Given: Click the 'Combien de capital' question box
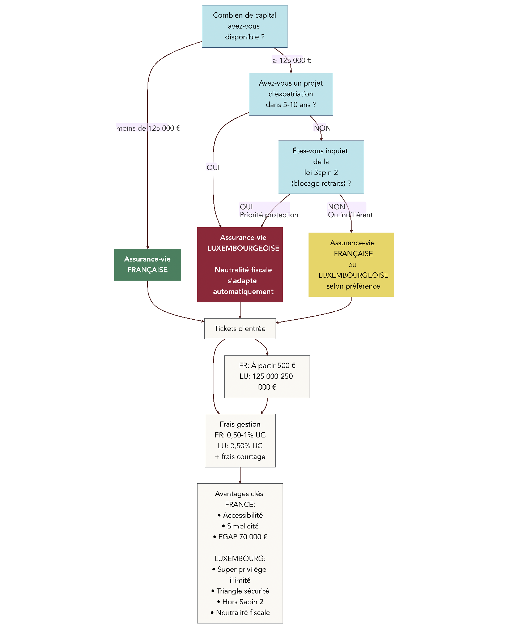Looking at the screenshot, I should point(245,26).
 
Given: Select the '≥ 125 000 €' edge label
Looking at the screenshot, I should point(292,60).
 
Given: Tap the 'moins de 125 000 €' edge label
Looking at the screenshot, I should point(148,128).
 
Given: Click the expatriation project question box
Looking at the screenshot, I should point(290,94).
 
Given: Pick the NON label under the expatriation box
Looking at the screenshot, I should point(322,128).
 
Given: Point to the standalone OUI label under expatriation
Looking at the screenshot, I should point(213,167).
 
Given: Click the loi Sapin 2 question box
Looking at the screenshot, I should point(321,167).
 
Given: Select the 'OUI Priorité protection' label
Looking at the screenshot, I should point(268,211).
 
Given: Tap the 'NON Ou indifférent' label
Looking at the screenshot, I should point(350,211).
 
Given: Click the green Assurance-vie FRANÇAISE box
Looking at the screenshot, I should point(148,264).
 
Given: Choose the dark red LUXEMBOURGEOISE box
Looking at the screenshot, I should point(240,264).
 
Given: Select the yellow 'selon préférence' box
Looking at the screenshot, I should point(351,264).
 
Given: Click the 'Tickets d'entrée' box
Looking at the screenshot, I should point(240,328).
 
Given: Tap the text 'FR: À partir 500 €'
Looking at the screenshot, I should point(267,366).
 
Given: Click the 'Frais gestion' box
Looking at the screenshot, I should point(240,440).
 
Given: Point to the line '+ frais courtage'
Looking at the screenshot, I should point(240,457).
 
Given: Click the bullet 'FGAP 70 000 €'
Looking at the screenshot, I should point(241,537).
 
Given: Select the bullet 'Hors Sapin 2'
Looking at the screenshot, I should point(241,602).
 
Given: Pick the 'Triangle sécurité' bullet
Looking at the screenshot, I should point(241,591).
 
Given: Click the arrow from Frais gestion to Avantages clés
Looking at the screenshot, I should point(240,475).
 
